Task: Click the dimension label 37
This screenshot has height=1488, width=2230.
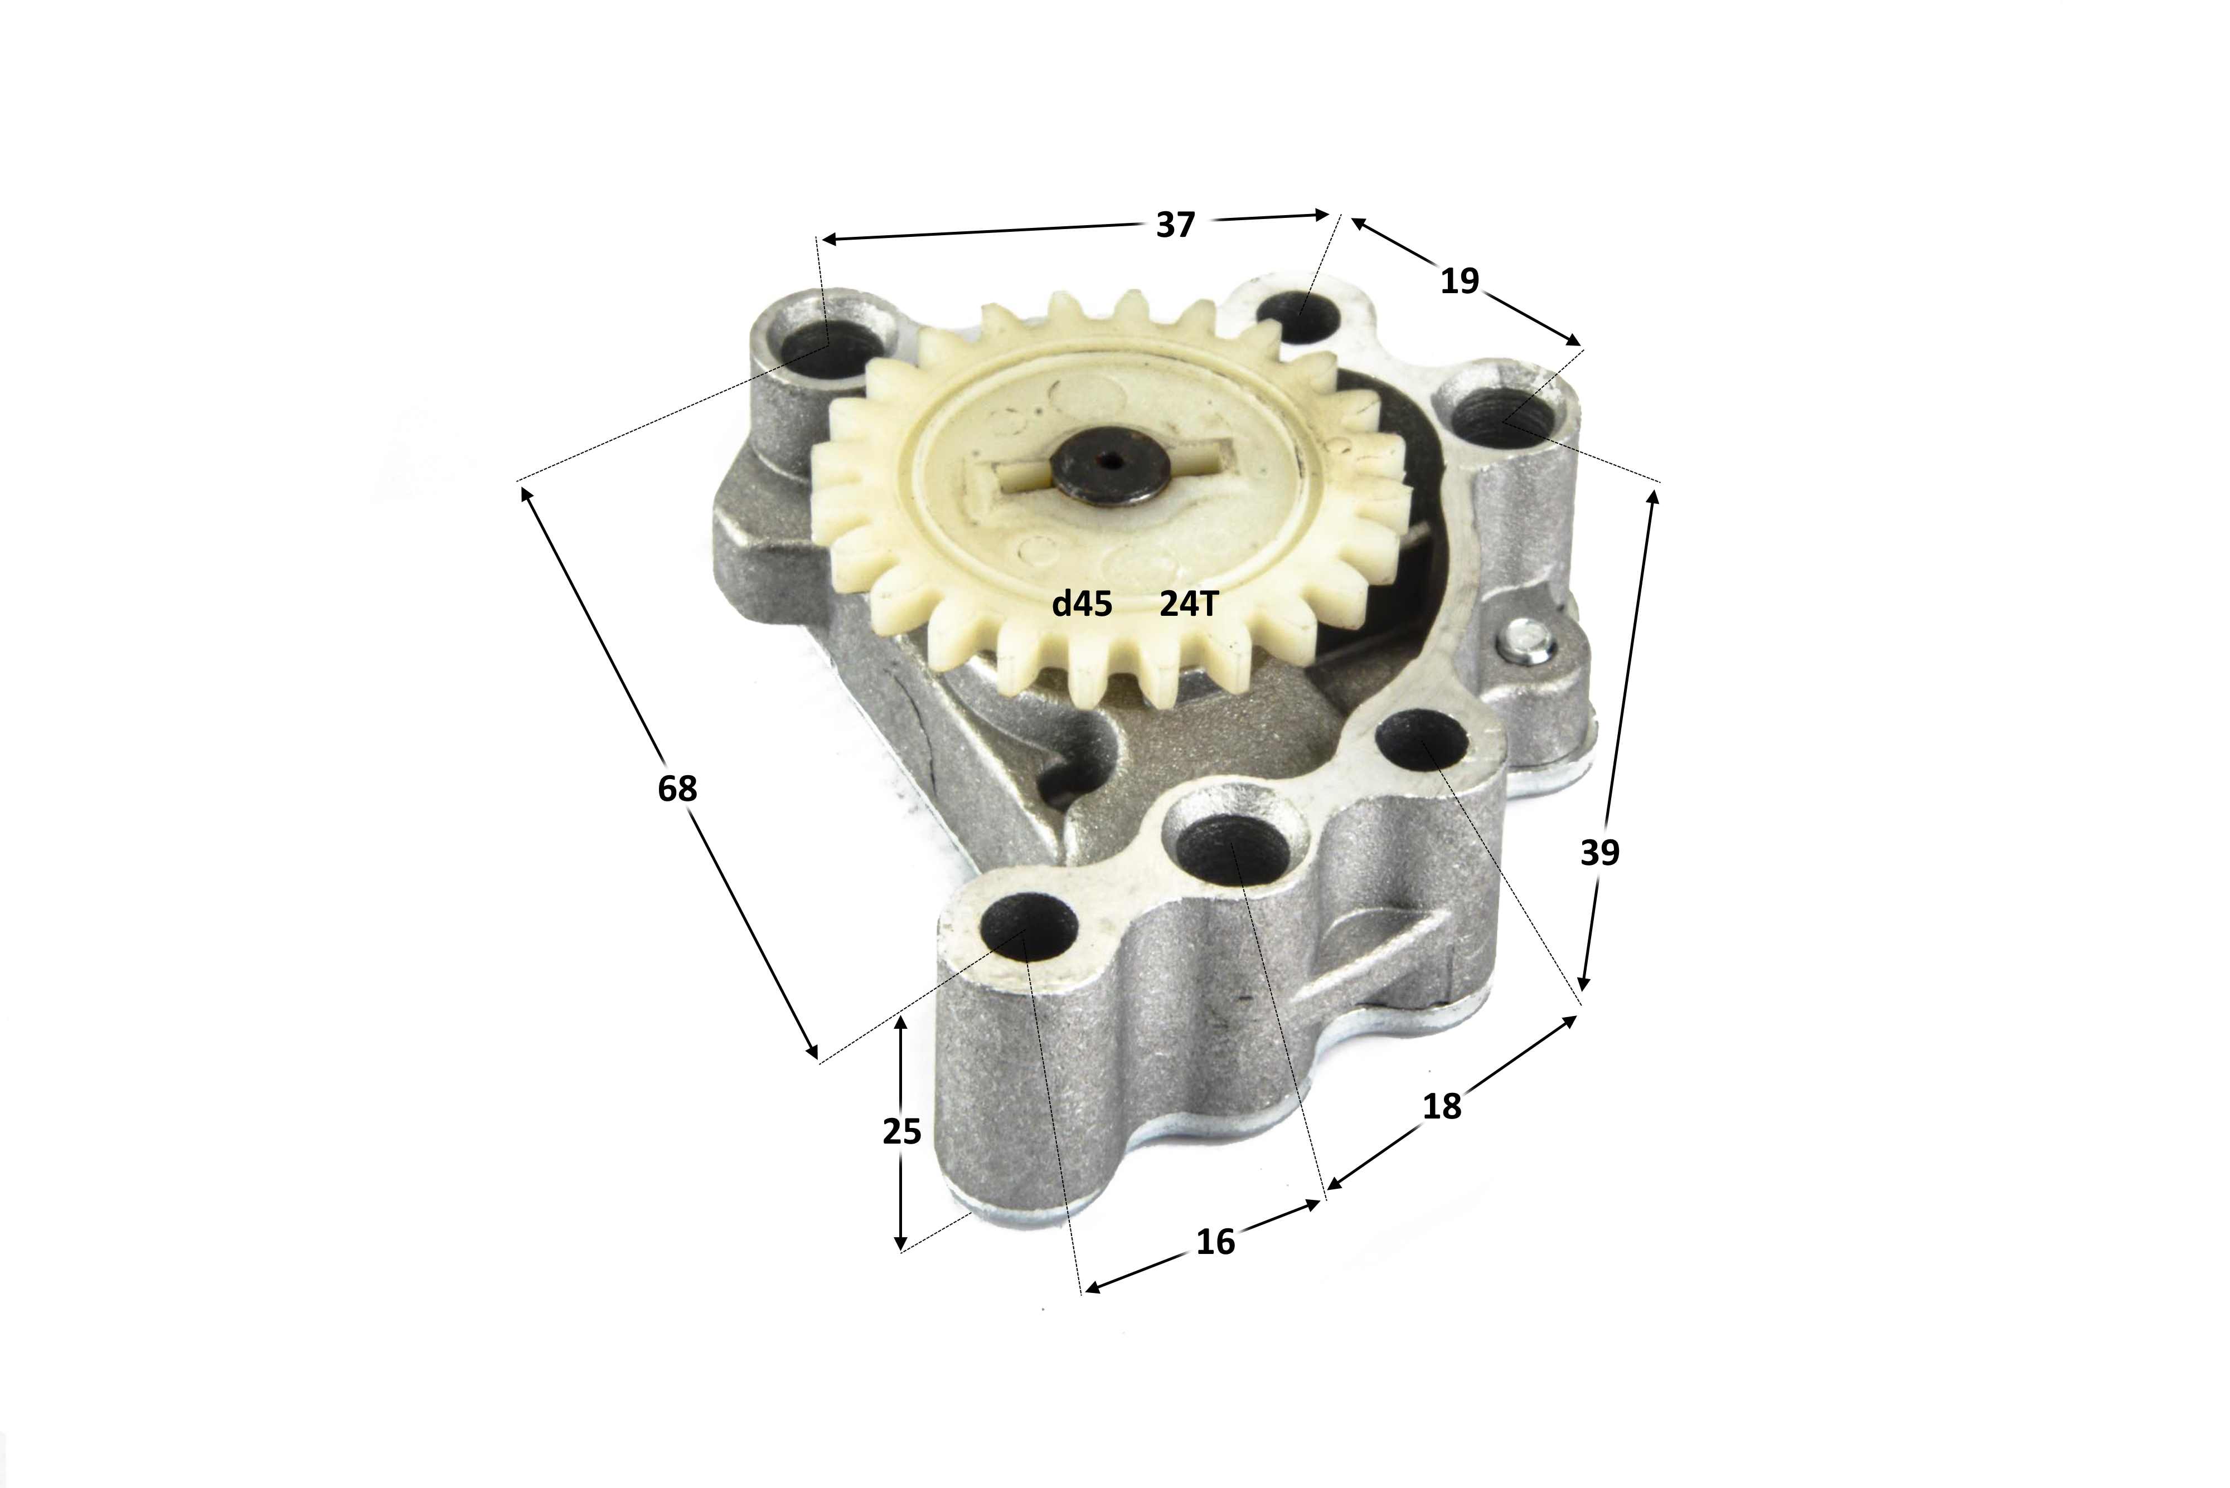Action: (x=1175, y=225)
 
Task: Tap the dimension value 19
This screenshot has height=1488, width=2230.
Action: (x=1459, y=281)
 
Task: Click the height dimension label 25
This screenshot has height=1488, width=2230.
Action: (x=902, y=1131)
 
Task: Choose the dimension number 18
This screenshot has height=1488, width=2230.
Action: (x=1441, y=1106)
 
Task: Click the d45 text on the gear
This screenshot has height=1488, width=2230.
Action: (x=1082, y=604)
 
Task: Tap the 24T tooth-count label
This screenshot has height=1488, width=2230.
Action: (x=1187, y=604)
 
